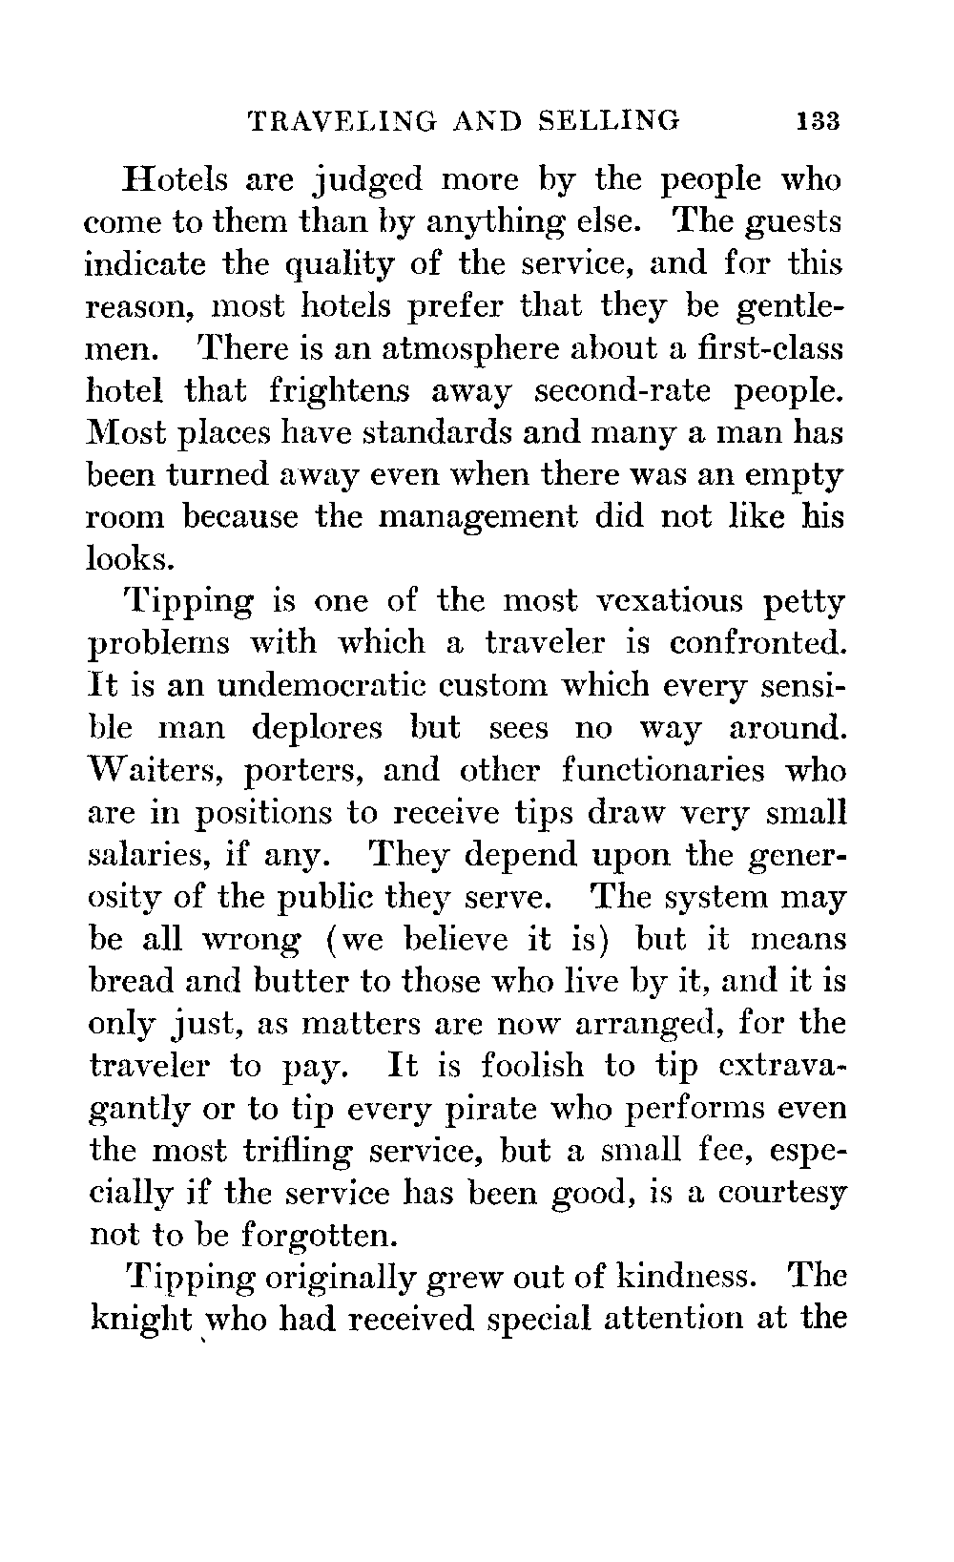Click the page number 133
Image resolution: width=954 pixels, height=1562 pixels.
pyautogui.click(x=819, y=121)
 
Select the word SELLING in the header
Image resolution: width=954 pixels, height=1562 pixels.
pyautogui.click(x=609, y=121)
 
